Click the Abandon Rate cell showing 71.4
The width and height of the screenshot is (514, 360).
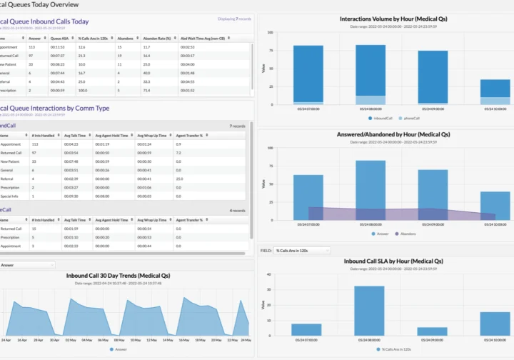point(146,91)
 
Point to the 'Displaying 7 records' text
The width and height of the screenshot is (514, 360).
point(234,19)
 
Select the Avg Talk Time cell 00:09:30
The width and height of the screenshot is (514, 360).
point(72,196)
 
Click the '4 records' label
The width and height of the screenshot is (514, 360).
point(238,210)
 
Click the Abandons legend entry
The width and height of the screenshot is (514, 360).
point(406,233)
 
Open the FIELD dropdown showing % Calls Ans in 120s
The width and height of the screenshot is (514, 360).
point(302,251)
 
